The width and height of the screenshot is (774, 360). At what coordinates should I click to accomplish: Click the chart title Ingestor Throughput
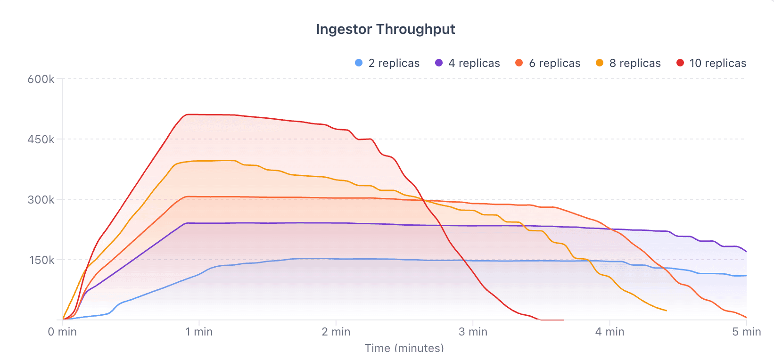click(385, 29)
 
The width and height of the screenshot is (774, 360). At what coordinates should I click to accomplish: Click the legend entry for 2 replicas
click(387, 63)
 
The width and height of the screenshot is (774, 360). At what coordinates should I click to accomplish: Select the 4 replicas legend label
click(467, 63)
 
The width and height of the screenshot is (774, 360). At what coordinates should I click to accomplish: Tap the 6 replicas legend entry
click(548, 63)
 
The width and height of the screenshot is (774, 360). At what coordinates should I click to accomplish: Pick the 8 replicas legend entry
click(628, 63)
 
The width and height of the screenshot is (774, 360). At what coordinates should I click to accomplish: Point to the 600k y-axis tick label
click(41, 79)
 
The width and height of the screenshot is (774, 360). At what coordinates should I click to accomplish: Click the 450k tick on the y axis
click(41, 139)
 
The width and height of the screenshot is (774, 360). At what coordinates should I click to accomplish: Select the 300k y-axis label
click(41, 200)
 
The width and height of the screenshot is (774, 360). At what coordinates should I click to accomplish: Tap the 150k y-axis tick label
click(41, 260)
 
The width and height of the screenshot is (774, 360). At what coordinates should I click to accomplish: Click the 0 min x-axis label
click(62, 332)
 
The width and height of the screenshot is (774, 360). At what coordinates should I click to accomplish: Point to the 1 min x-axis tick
click(199, 332)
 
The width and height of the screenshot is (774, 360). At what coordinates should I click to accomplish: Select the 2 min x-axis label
click(336, 332)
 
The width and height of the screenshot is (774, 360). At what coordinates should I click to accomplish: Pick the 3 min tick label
click(473, 332)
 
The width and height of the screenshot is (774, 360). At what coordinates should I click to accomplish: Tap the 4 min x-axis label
click(609, 332)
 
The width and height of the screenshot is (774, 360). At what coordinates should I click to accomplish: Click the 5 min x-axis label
click(746, 332)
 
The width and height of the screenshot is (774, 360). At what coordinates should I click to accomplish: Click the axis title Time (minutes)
click(404, 348)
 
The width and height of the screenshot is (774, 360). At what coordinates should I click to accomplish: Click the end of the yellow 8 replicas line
click(666, 311)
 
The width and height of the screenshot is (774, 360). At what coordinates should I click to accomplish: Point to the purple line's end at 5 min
click(746, 252)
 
